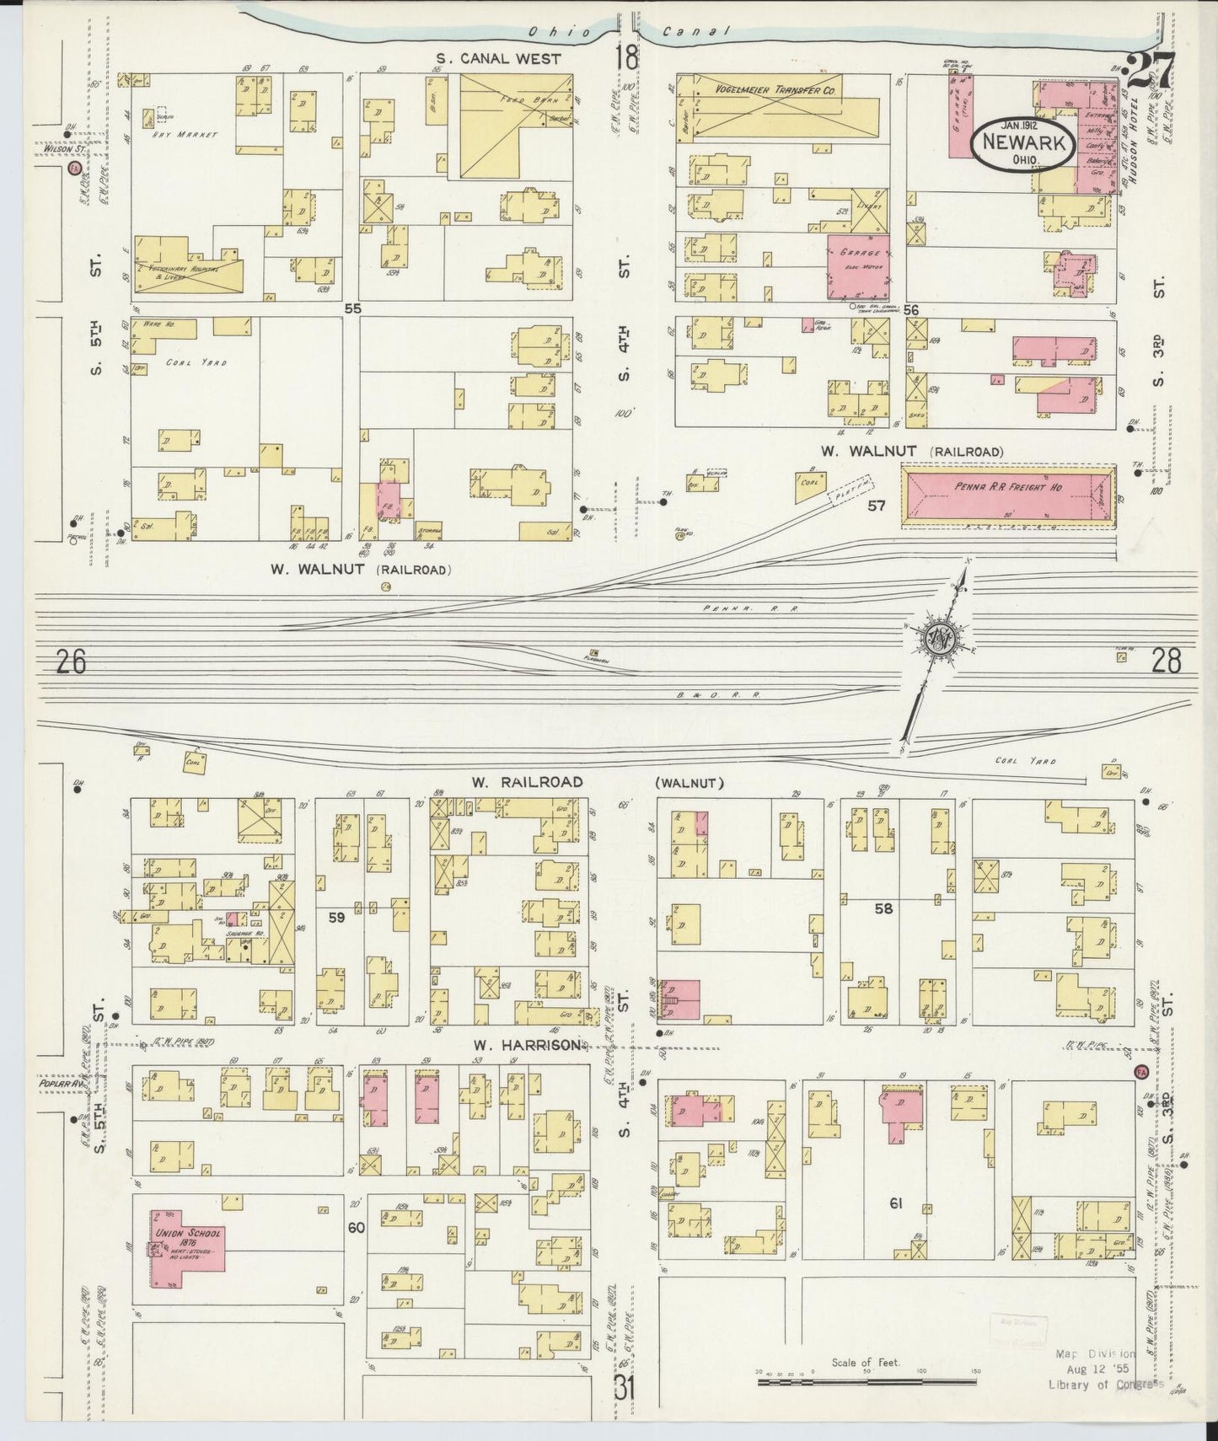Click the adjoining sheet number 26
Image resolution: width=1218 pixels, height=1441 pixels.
point(72,663)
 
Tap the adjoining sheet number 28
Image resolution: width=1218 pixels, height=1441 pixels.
point(1166,662)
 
